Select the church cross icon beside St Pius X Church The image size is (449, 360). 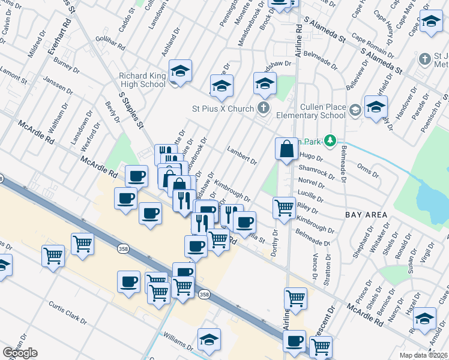[x=263, y=109]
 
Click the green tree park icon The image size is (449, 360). [x=329, y=140]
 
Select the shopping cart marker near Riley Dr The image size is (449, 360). [x=284, y=208]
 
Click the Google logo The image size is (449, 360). [x=20, y=352]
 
